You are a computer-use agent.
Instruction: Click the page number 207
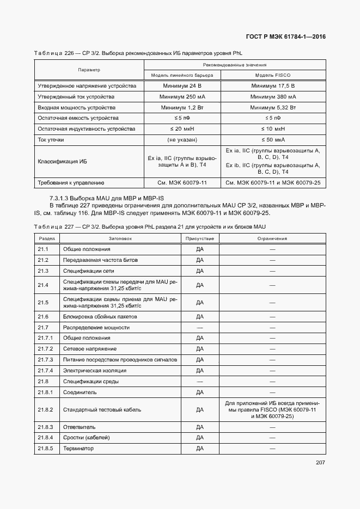click(x=320, y=463)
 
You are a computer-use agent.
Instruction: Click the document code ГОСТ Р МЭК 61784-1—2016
click(x=285, y=37)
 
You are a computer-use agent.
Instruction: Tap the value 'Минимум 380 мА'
click(x=272, y=97)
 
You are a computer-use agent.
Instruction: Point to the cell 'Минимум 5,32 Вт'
click(x=272, y=108)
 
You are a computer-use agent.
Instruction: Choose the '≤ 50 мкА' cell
click(x=272, y=140)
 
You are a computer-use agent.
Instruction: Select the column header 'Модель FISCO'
click(x=272, y=75)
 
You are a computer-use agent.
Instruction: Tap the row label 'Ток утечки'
click(x=51, y=140)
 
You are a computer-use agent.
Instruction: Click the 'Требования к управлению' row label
click(x=70, y=183)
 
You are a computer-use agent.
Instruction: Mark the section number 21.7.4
click(x=45, y=370)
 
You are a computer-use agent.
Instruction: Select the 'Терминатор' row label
click(x=78, y=448)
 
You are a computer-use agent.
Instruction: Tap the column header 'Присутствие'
click(x=199, y=238)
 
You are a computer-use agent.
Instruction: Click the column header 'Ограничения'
click(x=272, y=238)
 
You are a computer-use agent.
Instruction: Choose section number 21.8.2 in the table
click(x=45, y=409)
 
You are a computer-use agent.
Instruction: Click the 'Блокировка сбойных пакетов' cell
click(x=100, y=316)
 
